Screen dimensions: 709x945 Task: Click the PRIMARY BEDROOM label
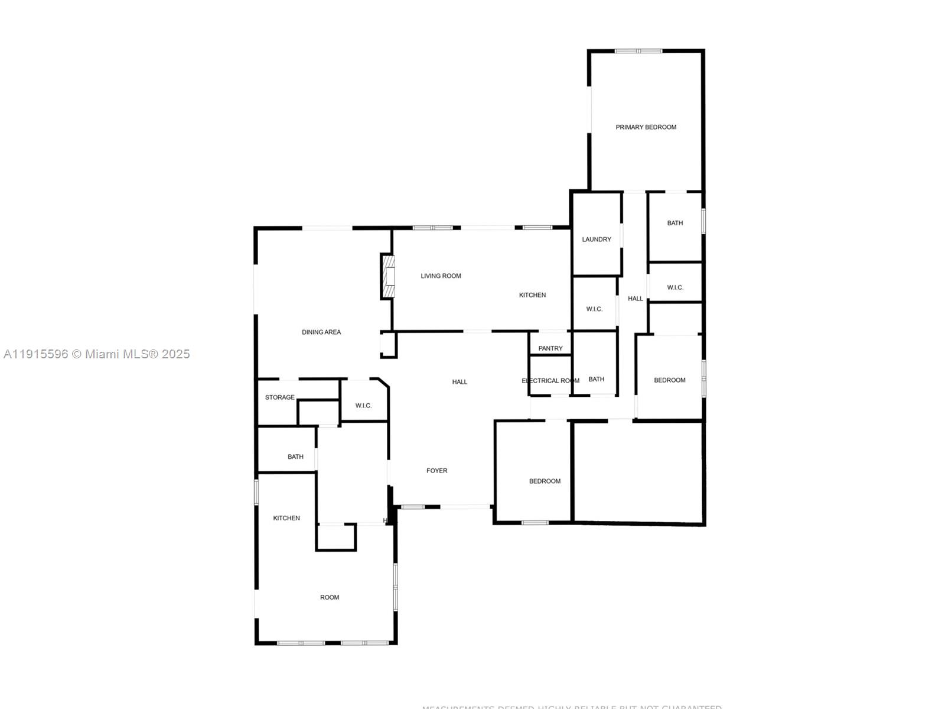point(646,127)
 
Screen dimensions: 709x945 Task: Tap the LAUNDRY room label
point(597,239)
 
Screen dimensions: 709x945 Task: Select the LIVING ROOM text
point(441,276)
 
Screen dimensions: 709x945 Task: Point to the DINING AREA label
point(321,332)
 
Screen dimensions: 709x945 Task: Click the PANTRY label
point(550,348)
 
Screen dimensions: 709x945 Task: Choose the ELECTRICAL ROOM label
point(550,381)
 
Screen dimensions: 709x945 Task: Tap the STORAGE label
point(279,397)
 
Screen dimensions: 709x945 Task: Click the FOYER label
point(437,471)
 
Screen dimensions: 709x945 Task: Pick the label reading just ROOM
point(330,597)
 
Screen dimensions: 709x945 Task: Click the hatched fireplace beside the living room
point(388,277)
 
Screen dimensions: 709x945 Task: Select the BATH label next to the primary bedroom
point(675,223)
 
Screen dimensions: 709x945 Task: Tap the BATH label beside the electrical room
point(597,379)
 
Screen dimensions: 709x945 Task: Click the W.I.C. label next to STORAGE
point(364,406)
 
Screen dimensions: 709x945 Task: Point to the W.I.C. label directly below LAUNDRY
point(594,309)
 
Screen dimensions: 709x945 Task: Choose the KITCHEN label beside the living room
point(532,295)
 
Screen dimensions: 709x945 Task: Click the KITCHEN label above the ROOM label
point(286,518)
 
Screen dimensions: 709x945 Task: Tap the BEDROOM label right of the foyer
point(545,481)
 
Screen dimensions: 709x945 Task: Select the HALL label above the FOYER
point(460,382)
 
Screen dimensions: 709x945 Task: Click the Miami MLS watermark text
point(96,354)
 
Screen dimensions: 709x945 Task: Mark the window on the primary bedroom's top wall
point(638,51)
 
